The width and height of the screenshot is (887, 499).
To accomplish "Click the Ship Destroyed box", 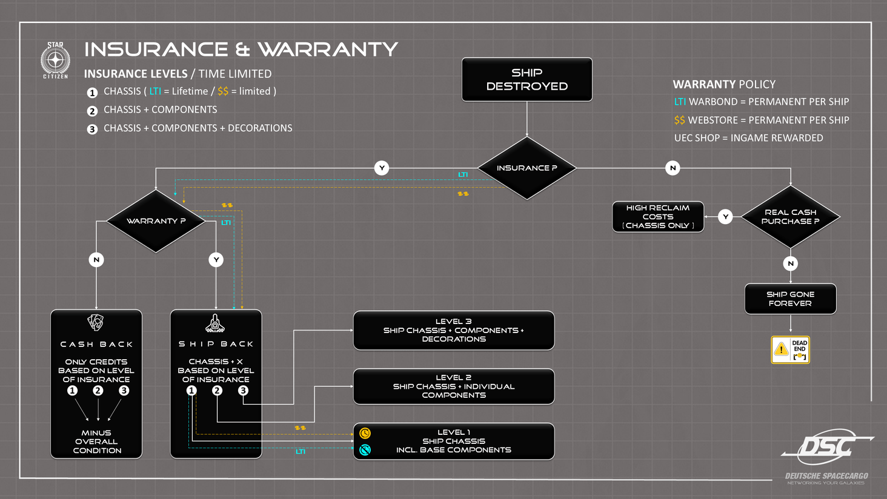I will tap(527, 79).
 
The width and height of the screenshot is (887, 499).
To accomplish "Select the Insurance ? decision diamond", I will tap(527, 168).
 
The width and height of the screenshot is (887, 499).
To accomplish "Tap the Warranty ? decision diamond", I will tap(156, 221).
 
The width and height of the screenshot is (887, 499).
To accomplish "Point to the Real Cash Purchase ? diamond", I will tap(790, 217).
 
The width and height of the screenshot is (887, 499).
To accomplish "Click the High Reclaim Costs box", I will tap(658, 217).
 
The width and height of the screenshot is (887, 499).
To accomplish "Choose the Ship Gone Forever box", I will tap(790, 299).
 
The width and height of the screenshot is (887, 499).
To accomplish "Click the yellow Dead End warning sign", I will tap(790, 349).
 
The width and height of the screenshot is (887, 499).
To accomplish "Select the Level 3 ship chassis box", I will tap(453, 330).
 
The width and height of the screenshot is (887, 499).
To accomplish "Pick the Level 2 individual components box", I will tap(453, 386).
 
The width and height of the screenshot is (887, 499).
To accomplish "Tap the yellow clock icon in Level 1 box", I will tap(365, 433).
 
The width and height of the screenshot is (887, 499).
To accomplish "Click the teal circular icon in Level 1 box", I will tap(365, 450).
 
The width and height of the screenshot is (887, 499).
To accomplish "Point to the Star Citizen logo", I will tap(55, 60).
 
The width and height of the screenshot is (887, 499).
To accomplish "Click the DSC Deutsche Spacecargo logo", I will tap(826, 454).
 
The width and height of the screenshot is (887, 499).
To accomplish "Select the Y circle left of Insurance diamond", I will tap(381, 168).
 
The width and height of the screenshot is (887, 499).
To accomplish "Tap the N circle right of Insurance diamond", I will tap(673, 168).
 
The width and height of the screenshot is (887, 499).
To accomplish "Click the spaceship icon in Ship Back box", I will tap(215, 323).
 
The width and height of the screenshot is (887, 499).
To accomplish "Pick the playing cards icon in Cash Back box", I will tap(96, 322).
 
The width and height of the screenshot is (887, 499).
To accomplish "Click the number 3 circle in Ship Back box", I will tap(243, 391).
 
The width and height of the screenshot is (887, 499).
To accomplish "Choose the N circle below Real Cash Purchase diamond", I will tap(790, 263).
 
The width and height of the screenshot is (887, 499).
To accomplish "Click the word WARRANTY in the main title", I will tap(327, 49).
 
